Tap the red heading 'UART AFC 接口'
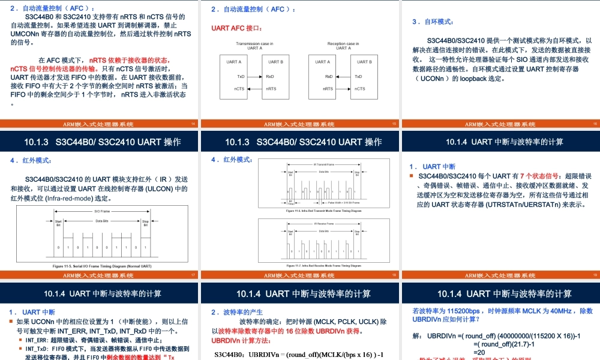[x=237, y=28]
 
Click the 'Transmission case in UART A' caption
[x=254, y=46]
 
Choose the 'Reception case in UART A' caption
[x=343, y=46]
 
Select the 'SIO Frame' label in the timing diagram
[x=102, y=211]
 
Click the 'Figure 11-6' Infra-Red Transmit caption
[x=323, y=211]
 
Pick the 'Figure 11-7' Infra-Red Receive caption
[x=323, y=265]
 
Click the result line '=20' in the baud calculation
[x=479, y=352]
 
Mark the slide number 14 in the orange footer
[x=193, y=124]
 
